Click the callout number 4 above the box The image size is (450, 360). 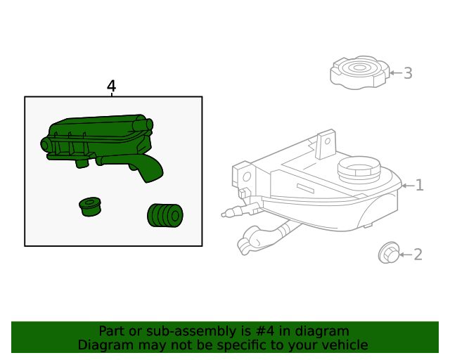[111, 86]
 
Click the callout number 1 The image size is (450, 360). [420, 185]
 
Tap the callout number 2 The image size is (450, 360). [418, 255]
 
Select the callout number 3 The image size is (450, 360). [408, 73]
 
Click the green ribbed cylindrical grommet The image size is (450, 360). [165, 215]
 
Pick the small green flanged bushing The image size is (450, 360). [90, 207]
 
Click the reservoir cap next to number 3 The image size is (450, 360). [360, 72]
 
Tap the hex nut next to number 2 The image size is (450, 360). [389, 252]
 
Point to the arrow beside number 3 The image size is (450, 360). [396, 73]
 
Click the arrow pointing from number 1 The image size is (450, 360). [408, 186]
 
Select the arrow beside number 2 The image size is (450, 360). [406, 255]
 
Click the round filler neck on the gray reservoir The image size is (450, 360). [359, 169]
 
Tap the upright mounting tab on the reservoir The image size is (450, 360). [326, 144]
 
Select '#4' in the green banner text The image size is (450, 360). [265, 331]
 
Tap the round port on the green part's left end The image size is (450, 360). [44, 144]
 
